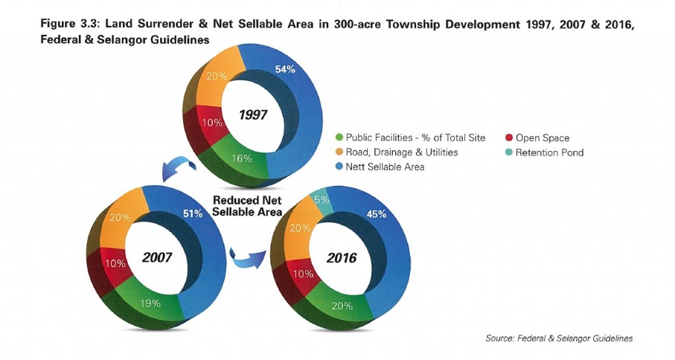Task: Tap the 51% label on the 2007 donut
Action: click(x=193, y=212)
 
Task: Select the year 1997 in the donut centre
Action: click(x=252, y=115)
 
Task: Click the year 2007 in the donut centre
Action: click(x=157, y=256)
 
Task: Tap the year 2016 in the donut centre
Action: click(x=341, y=256)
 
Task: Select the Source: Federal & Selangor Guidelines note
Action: click(x=558, y=338)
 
